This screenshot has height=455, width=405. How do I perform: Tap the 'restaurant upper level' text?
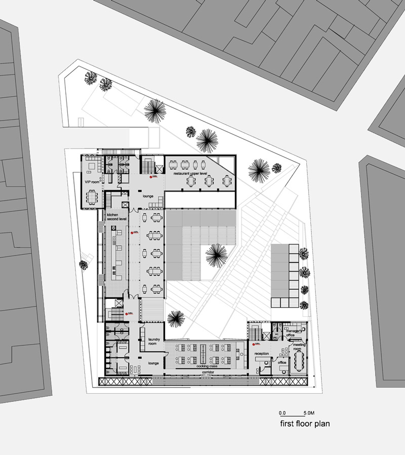[x=190, y=173]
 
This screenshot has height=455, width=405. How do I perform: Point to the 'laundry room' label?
[x=154, y=342]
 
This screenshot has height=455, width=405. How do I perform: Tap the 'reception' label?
[x=261, y=353]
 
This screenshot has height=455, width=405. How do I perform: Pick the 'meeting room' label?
[x=299, y=347]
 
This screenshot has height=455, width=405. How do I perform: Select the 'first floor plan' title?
[x=304, y=423]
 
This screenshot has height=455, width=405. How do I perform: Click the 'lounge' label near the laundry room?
[x=154, y=363]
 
